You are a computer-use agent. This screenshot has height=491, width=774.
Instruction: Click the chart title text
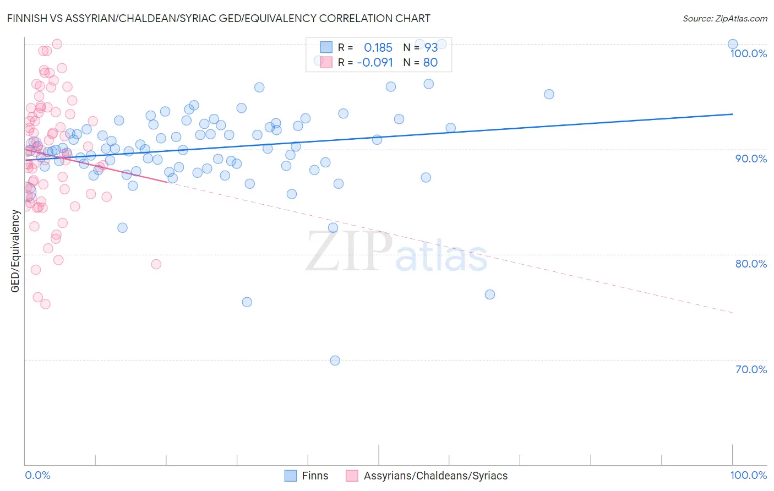click(x=219, y=18)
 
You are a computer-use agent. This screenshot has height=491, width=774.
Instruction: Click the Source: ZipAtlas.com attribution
click(x=724, y=18)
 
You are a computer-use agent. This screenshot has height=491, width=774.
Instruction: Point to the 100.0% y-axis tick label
click(x=748, y=53)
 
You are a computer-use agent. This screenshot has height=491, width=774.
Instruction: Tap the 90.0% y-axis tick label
click(x=751, y=159)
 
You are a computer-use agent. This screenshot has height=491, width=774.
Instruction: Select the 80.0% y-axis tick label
click(x=751, y=264)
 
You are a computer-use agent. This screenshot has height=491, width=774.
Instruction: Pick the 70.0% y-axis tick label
click(x=751, y=369)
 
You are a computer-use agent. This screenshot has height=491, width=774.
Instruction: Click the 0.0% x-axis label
click(x=37, y=475)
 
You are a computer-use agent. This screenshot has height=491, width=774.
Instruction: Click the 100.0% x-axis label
click(x=748, y=475)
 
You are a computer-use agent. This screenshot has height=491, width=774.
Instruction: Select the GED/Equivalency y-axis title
click(x=15, y=251)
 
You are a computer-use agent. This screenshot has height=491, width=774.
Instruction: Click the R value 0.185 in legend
click(x=378, y=48)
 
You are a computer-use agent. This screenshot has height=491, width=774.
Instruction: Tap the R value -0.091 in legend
click(x=375, y=63)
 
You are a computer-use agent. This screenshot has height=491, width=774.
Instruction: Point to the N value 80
click(x=430, y=63)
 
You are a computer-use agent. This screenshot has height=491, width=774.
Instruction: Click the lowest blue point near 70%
click(x=335, y=361)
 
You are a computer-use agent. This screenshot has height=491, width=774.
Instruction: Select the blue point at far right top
click(x=732, y=44)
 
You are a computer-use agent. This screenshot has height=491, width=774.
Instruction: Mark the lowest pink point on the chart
click(x=46, y=304)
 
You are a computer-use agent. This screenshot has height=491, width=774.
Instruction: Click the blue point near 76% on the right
click(x=489, y=294)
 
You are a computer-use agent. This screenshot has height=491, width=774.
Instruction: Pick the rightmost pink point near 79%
click(x=156, y=264)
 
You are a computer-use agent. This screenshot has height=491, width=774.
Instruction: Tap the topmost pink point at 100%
click(x=57, y=44)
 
